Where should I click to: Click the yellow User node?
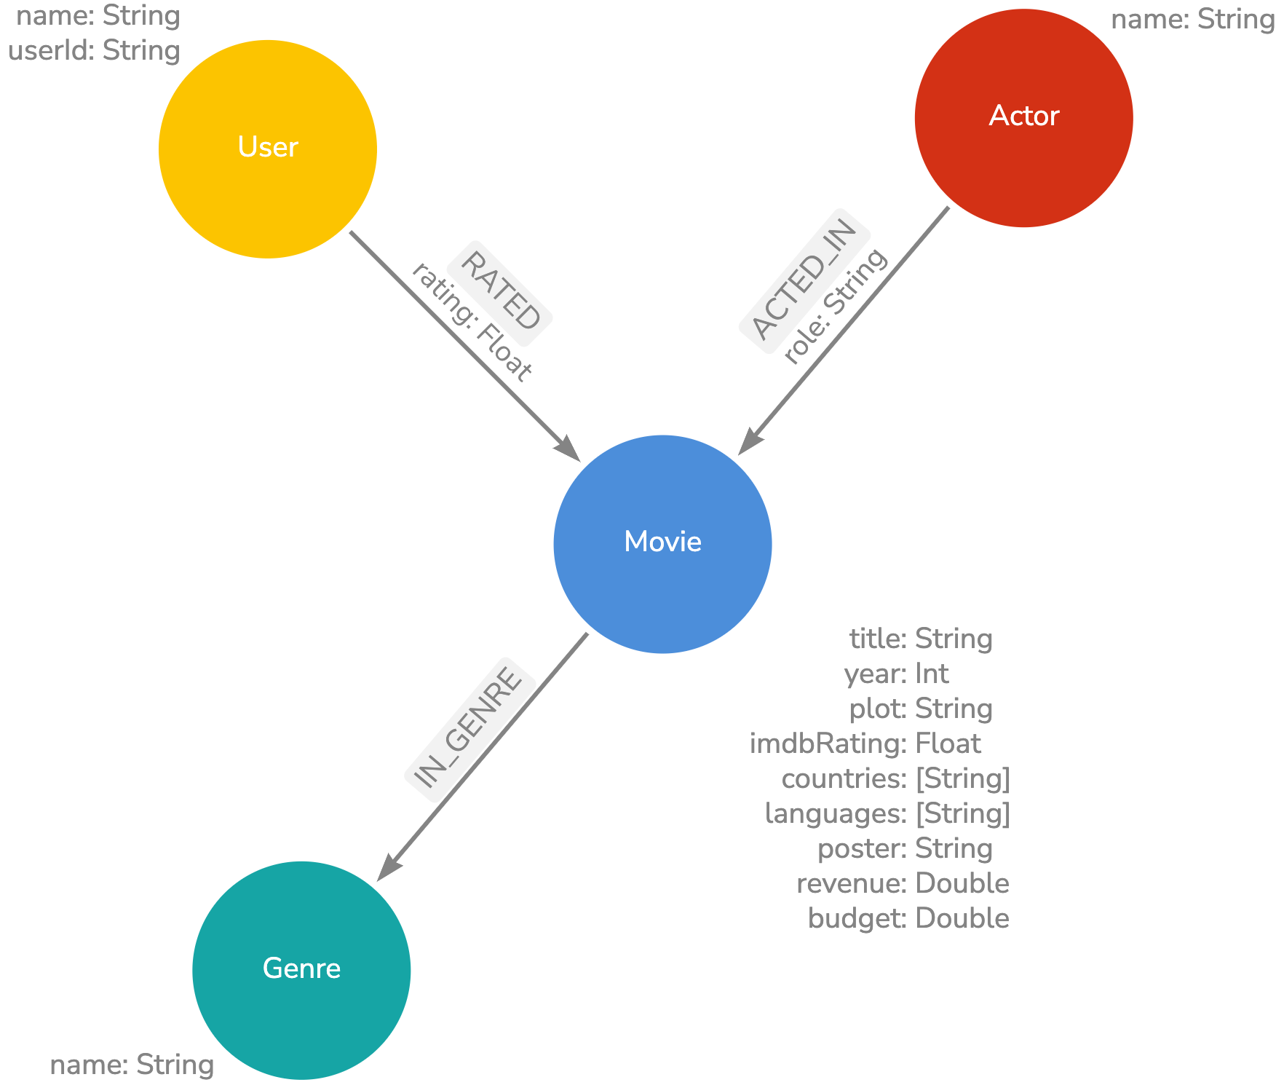click(x=267, y=149)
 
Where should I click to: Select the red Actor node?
click(x=1023, y=117)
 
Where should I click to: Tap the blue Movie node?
click(x=662, y=543)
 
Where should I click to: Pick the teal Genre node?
click(x=301, y=969)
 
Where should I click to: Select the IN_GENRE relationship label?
click(x=469, y=729)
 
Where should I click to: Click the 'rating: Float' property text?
click(x=472, y=322)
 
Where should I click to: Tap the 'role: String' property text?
click(x=836, y=306)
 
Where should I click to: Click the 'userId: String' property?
click(x=94, y=51)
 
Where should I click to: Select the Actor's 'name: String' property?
click(x=1192, y=20)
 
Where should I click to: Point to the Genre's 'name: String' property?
click(x=132, y=1065)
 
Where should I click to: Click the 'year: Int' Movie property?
click(x=896, y=674)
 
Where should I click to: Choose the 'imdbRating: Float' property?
click(x=865, y=744)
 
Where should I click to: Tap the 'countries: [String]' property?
click(x=895, y=779)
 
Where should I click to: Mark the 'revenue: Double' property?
click(x=903, y=884)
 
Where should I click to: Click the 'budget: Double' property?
click(x=908, y=919)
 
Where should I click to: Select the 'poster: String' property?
click(x=905, y=849)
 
